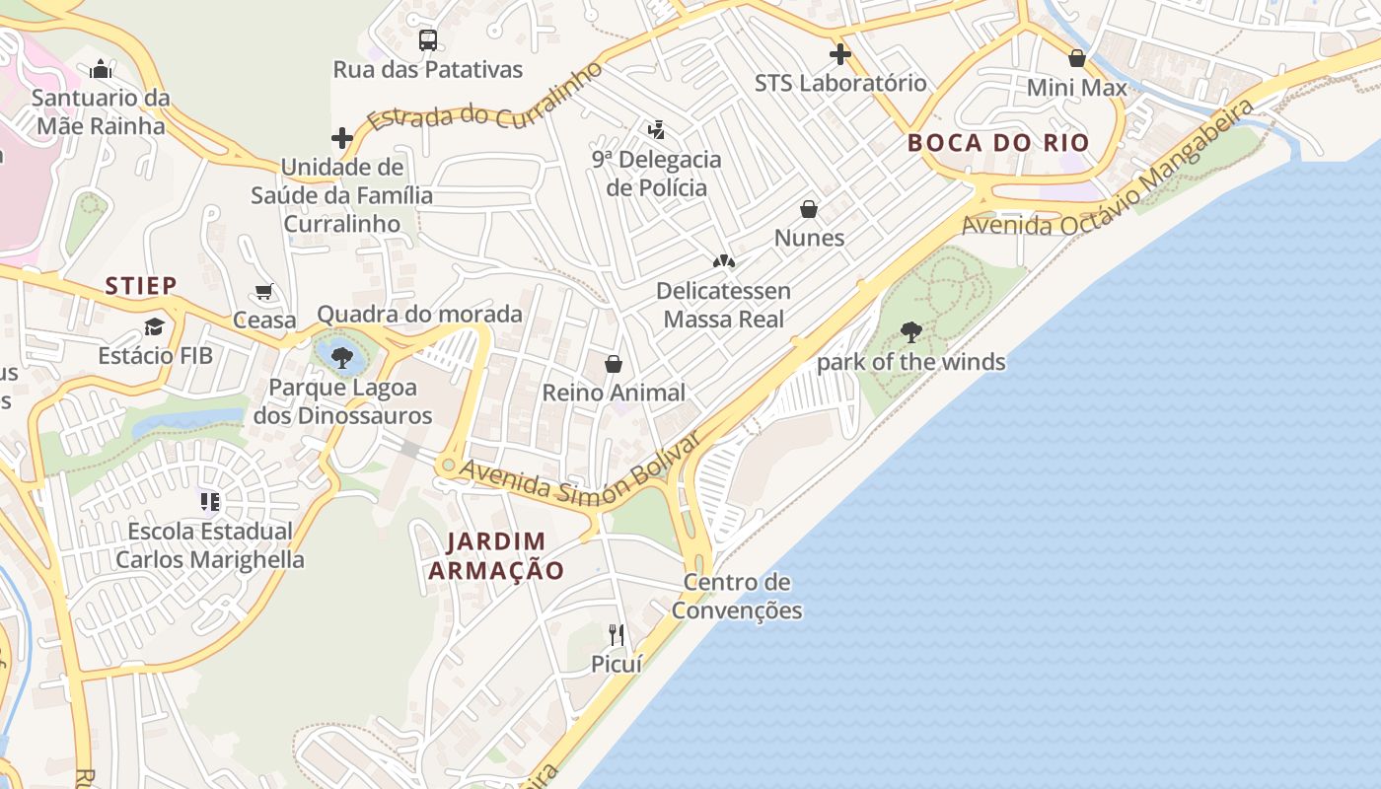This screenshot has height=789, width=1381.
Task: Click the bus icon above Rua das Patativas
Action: [x=427, y=40]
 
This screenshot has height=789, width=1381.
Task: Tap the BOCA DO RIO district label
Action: [x=998, y=143]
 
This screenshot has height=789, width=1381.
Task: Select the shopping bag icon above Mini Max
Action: [x=1077, y=58]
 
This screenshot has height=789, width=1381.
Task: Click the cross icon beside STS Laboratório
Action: [x=840, y=54]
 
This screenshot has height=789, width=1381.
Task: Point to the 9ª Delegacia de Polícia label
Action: [x=656, y=174]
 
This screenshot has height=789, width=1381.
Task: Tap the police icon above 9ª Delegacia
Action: [x=656, y=129]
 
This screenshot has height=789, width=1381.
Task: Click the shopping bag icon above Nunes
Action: [x=809, y=209]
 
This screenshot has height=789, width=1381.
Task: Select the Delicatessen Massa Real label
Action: [x=724, y=305]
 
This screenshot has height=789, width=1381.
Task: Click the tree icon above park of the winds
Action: [x=911, y=332]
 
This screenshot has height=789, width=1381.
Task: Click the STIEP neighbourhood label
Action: [x=141, y=286]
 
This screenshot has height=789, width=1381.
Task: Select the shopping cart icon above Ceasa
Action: [x=264, y=292]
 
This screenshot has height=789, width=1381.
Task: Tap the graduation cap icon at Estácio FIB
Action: [x=155, y=326]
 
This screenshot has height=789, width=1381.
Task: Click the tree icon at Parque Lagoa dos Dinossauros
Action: [x=342, y=358]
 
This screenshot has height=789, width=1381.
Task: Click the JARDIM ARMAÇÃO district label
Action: [x=496, y=555]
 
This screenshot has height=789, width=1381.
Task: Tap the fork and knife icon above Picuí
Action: [x=617, y=634]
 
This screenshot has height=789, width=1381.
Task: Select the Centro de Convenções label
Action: [x=737, y=596]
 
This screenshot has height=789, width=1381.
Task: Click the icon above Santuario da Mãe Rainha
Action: [x=101, y=69]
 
